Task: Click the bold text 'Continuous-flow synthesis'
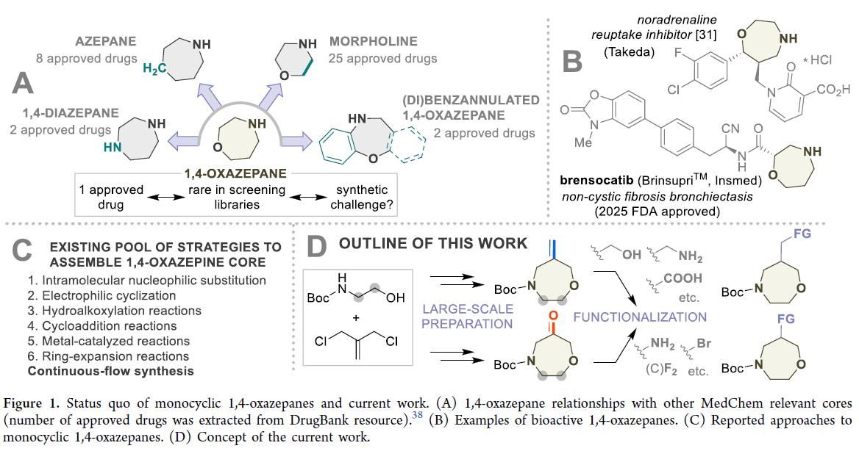pos(101,371)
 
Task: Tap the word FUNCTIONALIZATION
pos(641,317)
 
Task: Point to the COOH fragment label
pos(684,278)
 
